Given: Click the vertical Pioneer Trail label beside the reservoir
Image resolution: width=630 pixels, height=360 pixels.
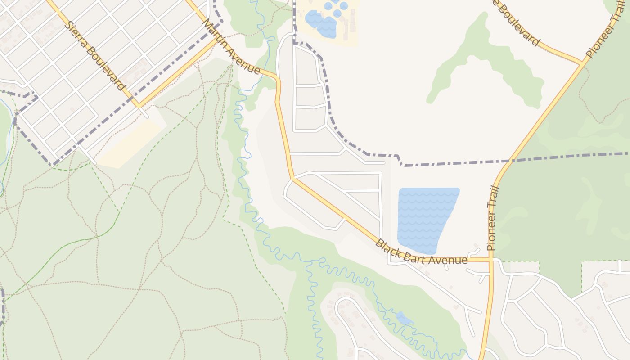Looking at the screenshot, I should coord(493,218).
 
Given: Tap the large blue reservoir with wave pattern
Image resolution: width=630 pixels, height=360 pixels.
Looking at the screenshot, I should coord(425,218).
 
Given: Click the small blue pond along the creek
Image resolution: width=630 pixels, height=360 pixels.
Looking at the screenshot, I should coord(404,319).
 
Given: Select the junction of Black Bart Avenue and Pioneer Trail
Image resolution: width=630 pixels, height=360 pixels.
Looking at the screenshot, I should coord(491,260).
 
